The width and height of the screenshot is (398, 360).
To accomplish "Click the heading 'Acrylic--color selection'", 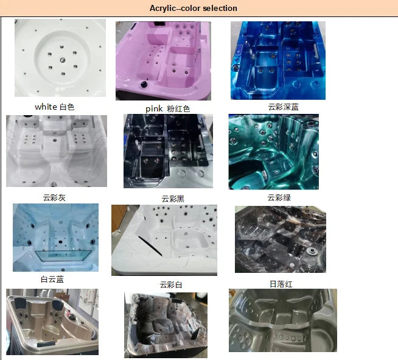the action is (194, 8).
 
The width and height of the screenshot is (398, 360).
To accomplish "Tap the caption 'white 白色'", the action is (55, 107).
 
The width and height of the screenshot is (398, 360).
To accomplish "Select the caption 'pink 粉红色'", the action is (168, 109).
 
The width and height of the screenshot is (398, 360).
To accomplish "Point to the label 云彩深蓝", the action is (283, 107).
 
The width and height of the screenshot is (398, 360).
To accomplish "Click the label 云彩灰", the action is (54, 197).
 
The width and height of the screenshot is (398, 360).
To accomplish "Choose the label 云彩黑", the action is (173, 199).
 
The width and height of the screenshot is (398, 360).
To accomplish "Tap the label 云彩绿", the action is (279, 197).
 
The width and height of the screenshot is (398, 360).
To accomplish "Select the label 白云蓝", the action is (52, 279).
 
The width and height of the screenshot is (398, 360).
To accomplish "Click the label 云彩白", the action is (171, 284).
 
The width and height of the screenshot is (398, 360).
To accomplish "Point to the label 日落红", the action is (281, 284).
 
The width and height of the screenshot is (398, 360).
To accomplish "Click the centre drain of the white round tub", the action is (63, 60).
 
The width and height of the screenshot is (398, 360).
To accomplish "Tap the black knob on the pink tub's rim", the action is (144, 84).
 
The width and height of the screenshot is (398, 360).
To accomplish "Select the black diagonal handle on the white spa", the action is (150, 246).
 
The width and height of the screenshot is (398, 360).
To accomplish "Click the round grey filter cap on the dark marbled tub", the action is (312, 252).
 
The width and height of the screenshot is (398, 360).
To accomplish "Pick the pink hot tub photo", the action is (163, 61).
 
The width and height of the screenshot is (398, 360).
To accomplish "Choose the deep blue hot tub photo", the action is (278, 60).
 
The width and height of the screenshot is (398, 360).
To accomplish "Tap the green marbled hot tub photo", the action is (274, 152).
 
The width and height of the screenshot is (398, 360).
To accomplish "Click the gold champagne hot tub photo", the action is (52, 322).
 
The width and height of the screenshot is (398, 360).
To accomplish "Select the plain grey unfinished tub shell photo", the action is (283, 320).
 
